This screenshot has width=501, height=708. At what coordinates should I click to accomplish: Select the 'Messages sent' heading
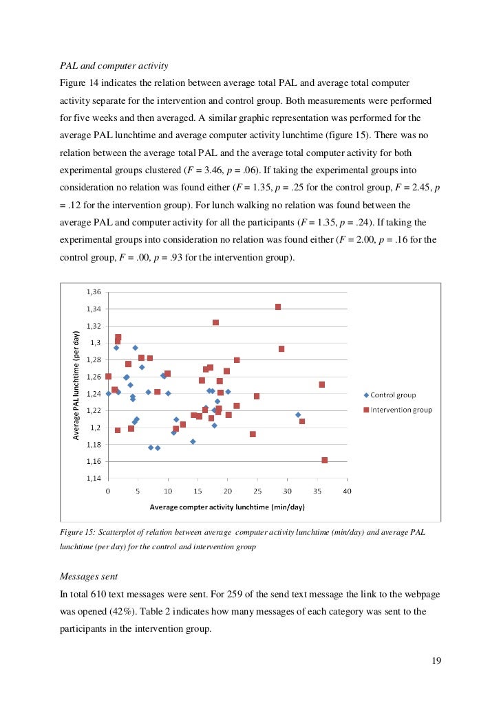[x=90, y=576]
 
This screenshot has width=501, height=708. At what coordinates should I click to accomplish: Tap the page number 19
[x=436, y=661]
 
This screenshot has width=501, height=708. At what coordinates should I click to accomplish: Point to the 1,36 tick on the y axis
[x=93, y=291]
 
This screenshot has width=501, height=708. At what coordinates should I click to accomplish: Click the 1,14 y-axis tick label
[x=93, y=478]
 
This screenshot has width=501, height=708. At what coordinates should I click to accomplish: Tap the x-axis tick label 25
[x=257, y=491]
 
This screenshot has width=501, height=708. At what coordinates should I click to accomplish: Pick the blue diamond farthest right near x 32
[x=298, y=414]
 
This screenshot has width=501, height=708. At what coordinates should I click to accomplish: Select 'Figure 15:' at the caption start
[x=76, y=533]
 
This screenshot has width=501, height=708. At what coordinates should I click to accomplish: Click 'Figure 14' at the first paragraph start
[x=79, y=83]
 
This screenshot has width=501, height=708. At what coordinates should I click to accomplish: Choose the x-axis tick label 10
[x=167, y=491]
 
